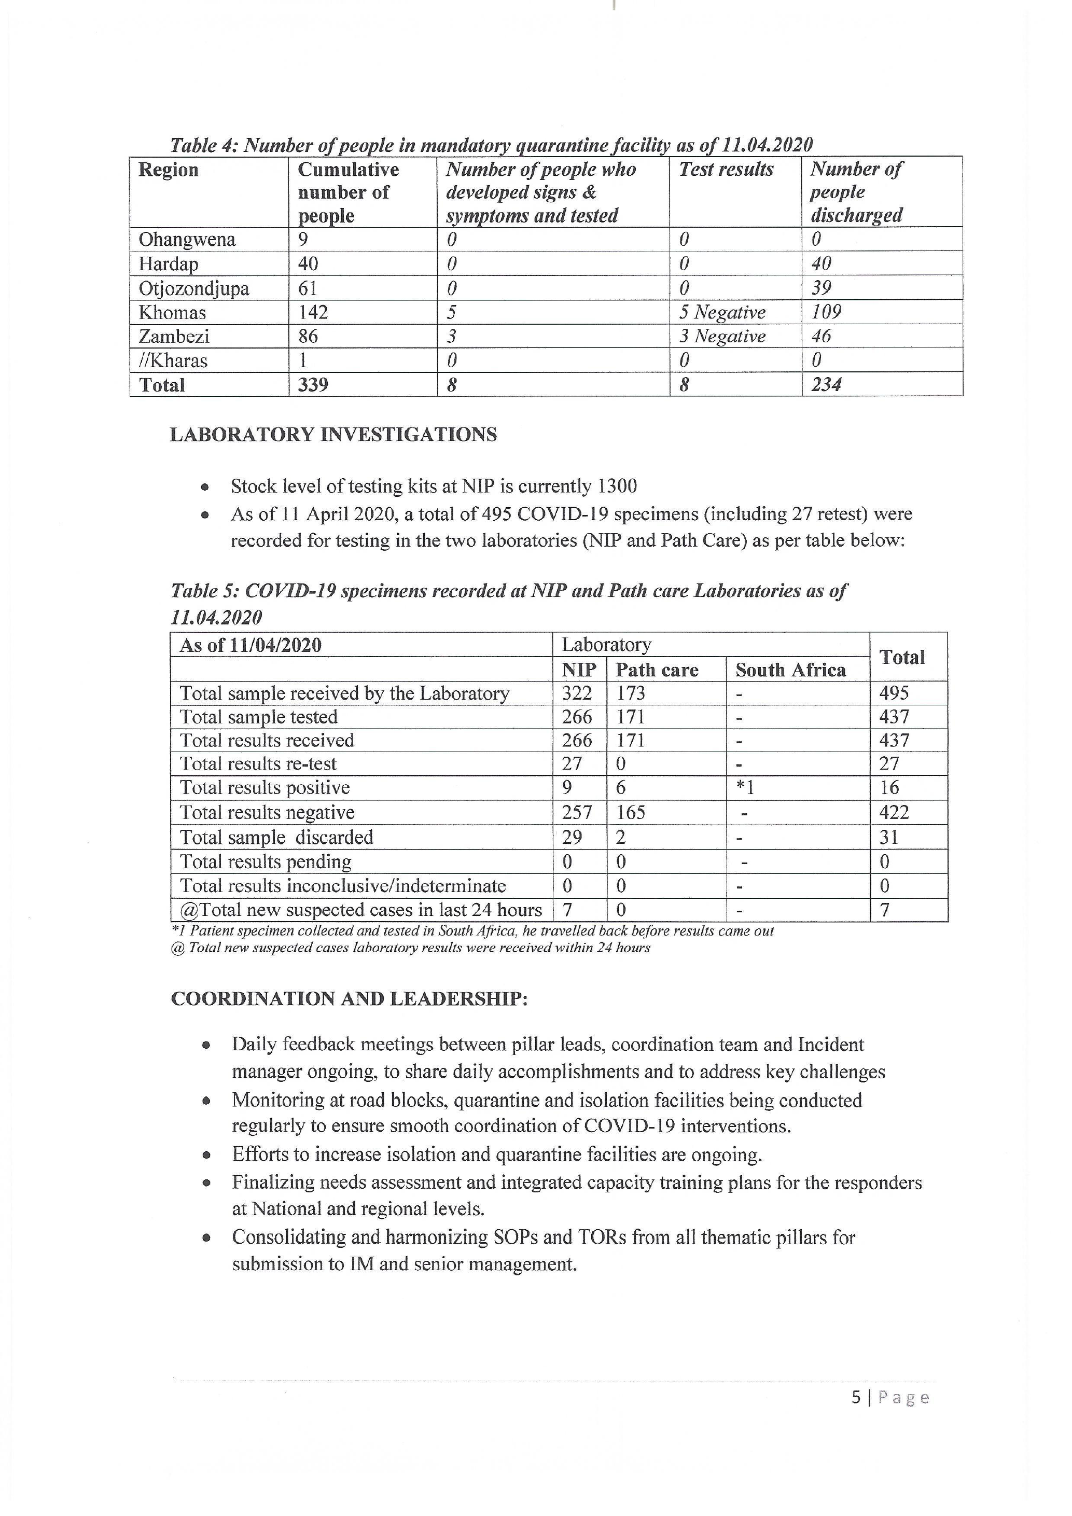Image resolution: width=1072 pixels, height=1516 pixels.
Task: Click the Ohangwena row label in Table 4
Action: point(187,239)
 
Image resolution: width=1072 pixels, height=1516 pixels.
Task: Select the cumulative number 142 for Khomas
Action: point(313,312)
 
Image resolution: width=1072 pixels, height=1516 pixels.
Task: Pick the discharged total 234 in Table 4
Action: point(827,384)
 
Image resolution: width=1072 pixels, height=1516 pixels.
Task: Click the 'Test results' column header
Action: point(726,170)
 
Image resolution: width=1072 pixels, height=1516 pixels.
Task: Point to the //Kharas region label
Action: point(173,360)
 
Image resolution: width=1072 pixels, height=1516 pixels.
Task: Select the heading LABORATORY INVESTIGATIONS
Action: point(333,435)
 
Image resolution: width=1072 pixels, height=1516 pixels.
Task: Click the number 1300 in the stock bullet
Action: point(617,486)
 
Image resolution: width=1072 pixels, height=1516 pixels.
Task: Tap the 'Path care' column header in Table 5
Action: point(657,670)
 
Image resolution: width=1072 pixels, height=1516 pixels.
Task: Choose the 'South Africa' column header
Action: point(791,670)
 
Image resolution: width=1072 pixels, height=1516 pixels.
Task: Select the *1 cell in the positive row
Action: point(745,788)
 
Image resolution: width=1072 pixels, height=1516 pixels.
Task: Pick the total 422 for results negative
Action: point(895,812)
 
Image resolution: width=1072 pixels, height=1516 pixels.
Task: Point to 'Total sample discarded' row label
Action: point(276,837)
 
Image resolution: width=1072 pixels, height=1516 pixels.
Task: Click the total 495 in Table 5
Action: point(895,693)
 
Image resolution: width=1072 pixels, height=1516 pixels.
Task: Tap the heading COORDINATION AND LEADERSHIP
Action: point(349,998)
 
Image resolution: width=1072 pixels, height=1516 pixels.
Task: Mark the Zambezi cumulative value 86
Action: point(308,337)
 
